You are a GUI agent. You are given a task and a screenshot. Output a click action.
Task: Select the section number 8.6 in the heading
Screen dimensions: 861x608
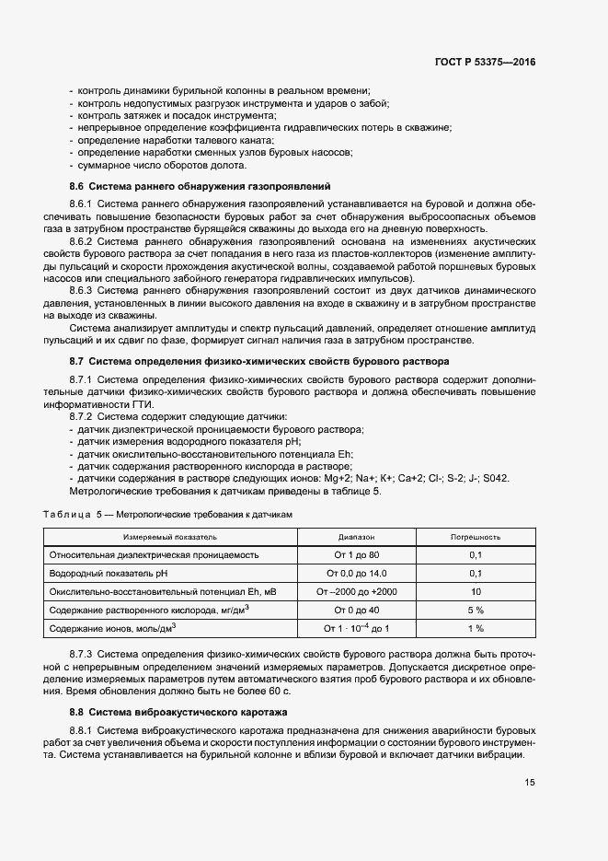pos(77,186)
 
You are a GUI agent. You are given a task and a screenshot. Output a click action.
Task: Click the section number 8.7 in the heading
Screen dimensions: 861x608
pos(77,361)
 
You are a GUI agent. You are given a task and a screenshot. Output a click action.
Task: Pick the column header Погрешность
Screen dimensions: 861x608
pos(475,536)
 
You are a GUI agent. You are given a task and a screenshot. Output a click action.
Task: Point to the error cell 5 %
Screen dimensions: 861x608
pos(475,610)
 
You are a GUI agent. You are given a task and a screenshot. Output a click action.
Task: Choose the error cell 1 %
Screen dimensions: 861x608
pos(475,628)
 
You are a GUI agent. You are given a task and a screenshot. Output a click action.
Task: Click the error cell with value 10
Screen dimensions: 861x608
pos(475,591)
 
